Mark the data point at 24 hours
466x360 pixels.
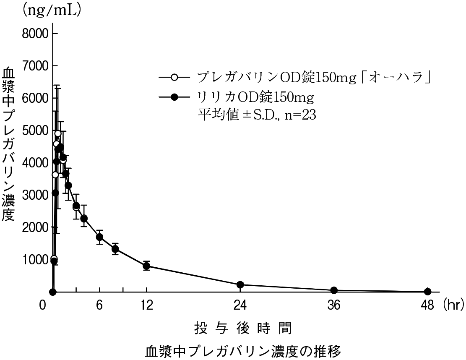tap(240, 285)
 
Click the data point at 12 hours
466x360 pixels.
tap(146, 266)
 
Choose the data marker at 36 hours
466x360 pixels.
tap(334, 290)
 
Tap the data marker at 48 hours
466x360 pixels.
tap(428, 292)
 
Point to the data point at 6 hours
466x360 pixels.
tap(99, 237)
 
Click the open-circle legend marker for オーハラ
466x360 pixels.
tap(175, 78)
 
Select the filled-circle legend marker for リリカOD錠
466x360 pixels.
tap(175, 97)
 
